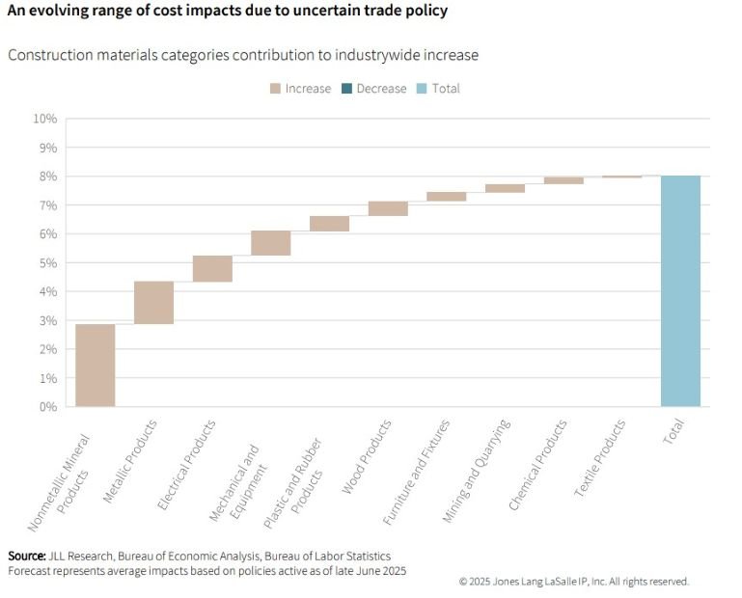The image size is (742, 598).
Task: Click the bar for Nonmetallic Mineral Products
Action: pos(96,365)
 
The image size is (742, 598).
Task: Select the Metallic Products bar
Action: pos(153,302)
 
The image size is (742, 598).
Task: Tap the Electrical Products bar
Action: pos(212,268)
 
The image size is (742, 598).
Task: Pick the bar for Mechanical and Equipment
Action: pos(271,242)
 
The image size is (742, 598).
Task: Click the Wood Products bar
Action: pos(388,208)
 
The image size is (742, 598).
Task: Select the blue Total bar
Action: pos(680,290)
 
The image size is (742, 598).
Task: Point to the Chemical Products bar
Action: pos(563,180)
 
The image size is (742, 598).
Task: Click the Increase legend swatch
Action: pos(275,89)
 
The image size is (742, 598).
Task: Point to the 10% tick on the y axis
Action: pos(44,119)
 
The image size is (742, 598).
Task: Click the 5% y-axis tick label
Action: pos(47,262)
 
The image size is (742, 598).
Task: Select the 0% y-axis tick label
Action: pos(47,407)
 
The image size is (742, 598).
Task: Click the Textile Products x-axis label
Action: pos(601,457)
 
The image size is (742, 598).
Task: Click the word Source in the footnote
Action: pos(26,557)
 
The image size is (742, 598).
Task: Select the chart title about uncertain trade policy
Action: pos(227,12)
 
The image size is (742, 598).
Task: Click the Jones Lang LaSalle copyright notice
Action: pos(573,582)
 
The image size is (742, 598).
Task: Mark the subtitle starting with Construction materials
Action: pos(242,55)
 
